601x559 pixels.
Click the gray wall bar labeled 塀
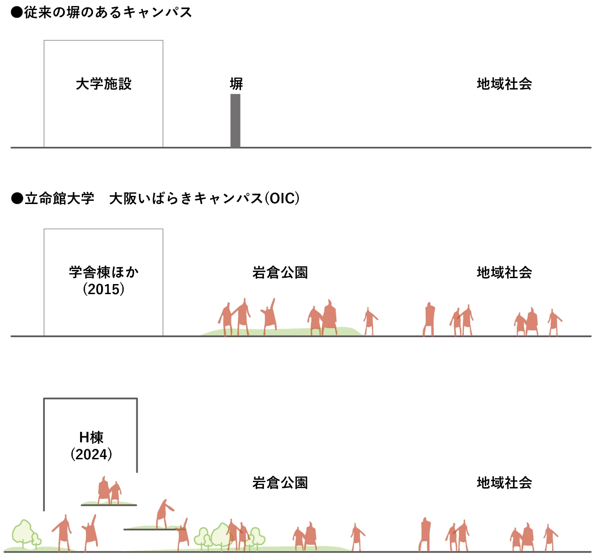click(235, 121)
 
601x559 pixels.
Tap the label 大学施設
click(104, 84)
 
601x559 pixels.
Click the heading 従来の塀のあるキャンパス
click(108, 12)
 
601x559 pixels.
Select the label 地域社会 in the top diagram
click(504, 84)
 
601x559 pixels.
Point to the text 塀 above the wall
click(236, 84)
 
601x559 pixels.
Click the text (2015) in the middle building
click(104, 289)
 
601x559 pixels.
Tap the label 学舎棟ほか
click(104, 273)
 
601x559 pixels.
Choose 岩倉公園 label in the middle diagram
click(280, 273)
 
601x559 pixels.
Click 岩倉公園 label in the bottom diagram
click(280, 483)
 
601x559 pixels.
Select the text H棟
click(91, 438)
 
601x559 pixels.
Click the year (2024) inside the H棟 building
click(91, 454)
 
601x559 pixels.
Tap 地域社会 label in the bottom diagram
click(504, 483)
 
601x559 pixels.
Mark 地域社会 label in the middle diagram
click(504, 273)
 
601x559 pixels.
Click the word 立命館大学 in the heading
click(59, 199)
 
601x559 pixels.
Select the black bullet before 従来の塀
click(17, 12)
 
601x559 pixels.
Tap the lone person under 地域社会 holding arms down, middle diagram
click(429, 319)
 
